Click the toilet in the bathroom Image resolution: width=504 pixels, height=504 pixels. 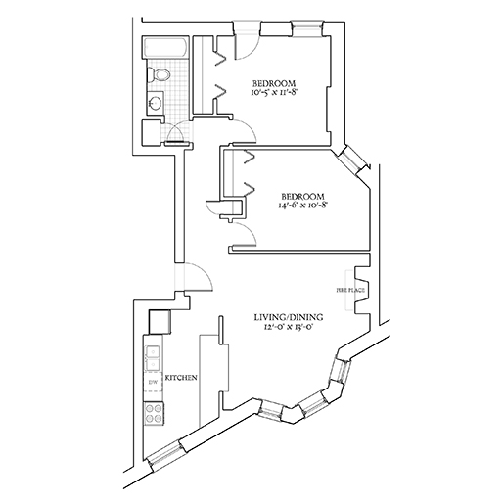pyautogui.click(x=159, y=74)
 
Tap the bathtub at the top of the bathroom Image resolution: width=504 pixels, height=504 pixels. pyautogui.click(x=165, y=48)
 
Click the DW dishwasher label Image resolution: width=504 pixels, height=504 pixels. pyautogui.click(x=153, y=382)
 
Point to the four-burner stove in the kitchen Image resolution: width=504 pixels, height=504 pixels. pyautogui.click(x=154, y=414)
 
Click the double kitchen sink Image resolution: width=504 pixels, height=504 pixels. pyautogui.click(x=153, y=358)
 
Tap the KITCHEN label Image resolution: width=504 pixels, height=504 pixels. pyautogui.click(x=181, y=378)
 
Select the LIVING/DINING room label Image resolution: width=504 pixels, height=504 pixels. pyautogui.click(x=289, y=317)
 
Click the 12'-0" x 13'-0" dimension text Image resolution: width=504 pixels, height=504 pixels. pyautogui.click(x=289, y=327)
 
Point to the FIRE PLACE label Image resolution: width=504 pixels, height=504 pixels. pyautogui.click(x=350, y=290)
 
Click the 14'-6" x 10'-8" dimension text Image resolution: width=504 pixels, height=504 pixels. pyautogui.click(x=302, y=206)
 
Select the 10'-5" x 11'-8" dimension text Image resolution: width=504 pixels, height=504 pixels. pyautogui.click(x=274, y=92)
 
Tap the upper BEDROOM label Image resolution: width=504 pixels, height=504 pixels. pyautogui.click(x=274, y=83)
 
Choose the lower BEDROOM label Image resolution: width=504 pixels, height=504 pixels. pyautogui.click(x=302, y=197)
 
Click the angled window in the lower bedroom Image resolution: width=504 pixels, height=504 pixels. pyautogui.click(x=352, y=160)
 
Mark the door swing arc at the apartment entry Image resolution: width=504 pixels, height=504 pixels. pyautogui.click(x=205, y=271)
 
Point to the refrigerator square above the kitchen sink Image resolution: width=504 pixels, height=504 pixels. pyautogui.click(x=160, y=321)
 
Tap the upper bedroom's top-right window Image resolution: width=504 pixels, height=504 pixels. pyautogui.click(x=307, y=28)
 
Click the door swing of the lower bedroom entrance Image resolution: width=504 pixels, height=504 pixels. pyautogui.click(x=249, y=230)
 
